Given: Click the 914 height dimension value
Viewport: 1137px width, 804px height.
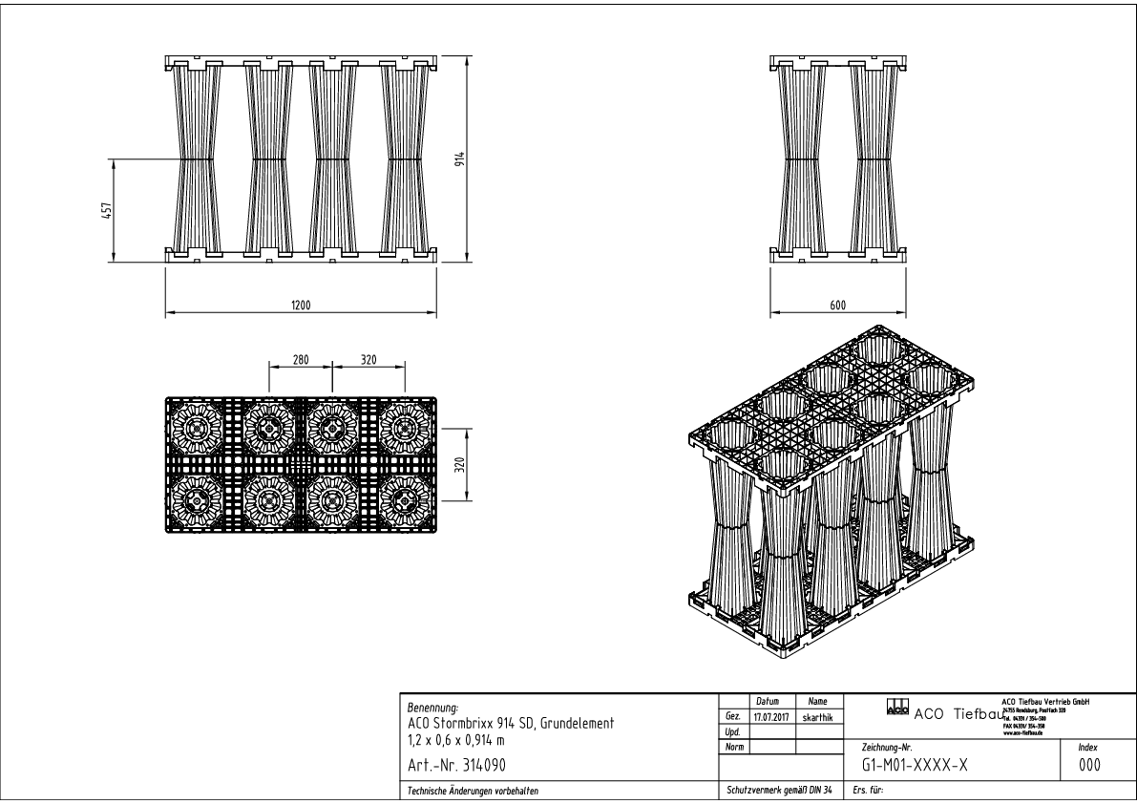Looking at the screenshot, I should pyautogui.click(x=459, y=159).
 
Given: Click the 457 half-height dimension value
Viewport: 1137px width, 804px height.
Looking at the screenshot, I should pyautogui.click(x=107, y=209).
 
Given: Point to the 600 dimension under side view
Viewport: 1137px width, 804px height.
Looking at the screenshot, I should pyautogui.click(x=837, y=305).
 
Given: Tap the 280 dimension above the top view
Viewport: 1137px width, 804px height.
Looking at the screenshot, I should pyautogui.click(x=300, y=361).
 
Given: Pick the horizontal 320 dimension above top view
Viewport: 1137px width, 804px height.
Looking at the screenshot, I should pyautogui.click(x=368, y=361).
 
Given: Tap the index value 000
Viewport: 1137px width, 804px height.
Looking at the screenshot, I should pyautogui.click(x=1089, y=766).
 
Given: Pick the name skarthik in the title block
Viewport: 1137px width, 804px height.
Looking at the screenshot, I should pyautogui.click(x=817, y=716).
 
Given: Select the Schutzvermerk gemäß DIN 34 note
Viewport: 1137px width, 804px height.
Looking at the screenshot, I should pyautogui.click(x=779, y=791).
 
